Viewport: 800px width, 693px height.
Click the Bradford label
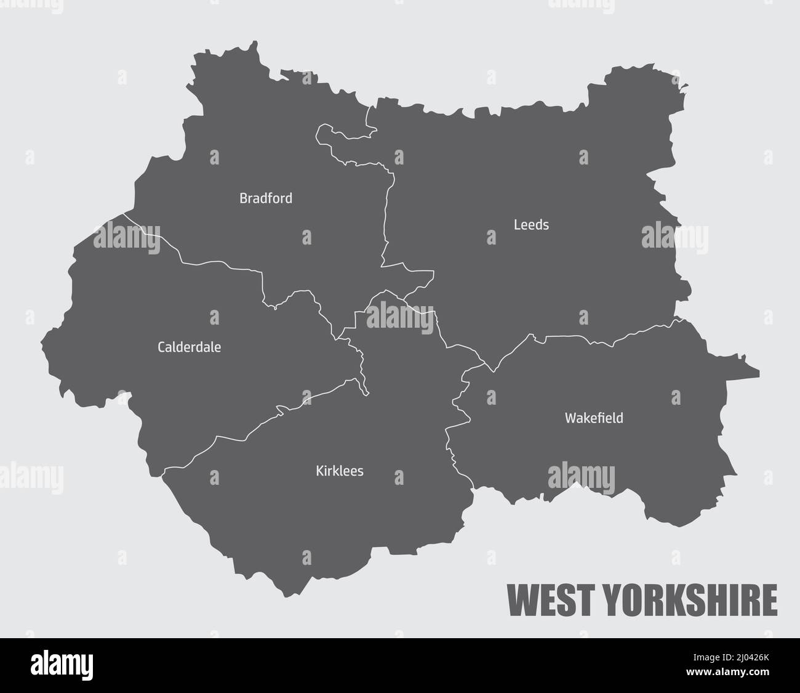coord(266,198)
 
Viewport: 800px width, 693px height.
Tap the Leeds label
coord(531,225)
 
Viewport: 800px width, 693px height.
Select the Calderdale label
coord(189,347)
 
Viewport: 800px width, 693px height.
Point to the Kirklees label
coord(339,471)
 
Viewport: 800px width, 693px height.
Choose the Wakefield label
coord(594,418)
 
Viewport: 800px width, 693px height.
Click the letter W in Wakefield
coord(570,418)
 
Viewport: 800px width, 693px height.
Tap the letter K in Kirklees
coord(319,471)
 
